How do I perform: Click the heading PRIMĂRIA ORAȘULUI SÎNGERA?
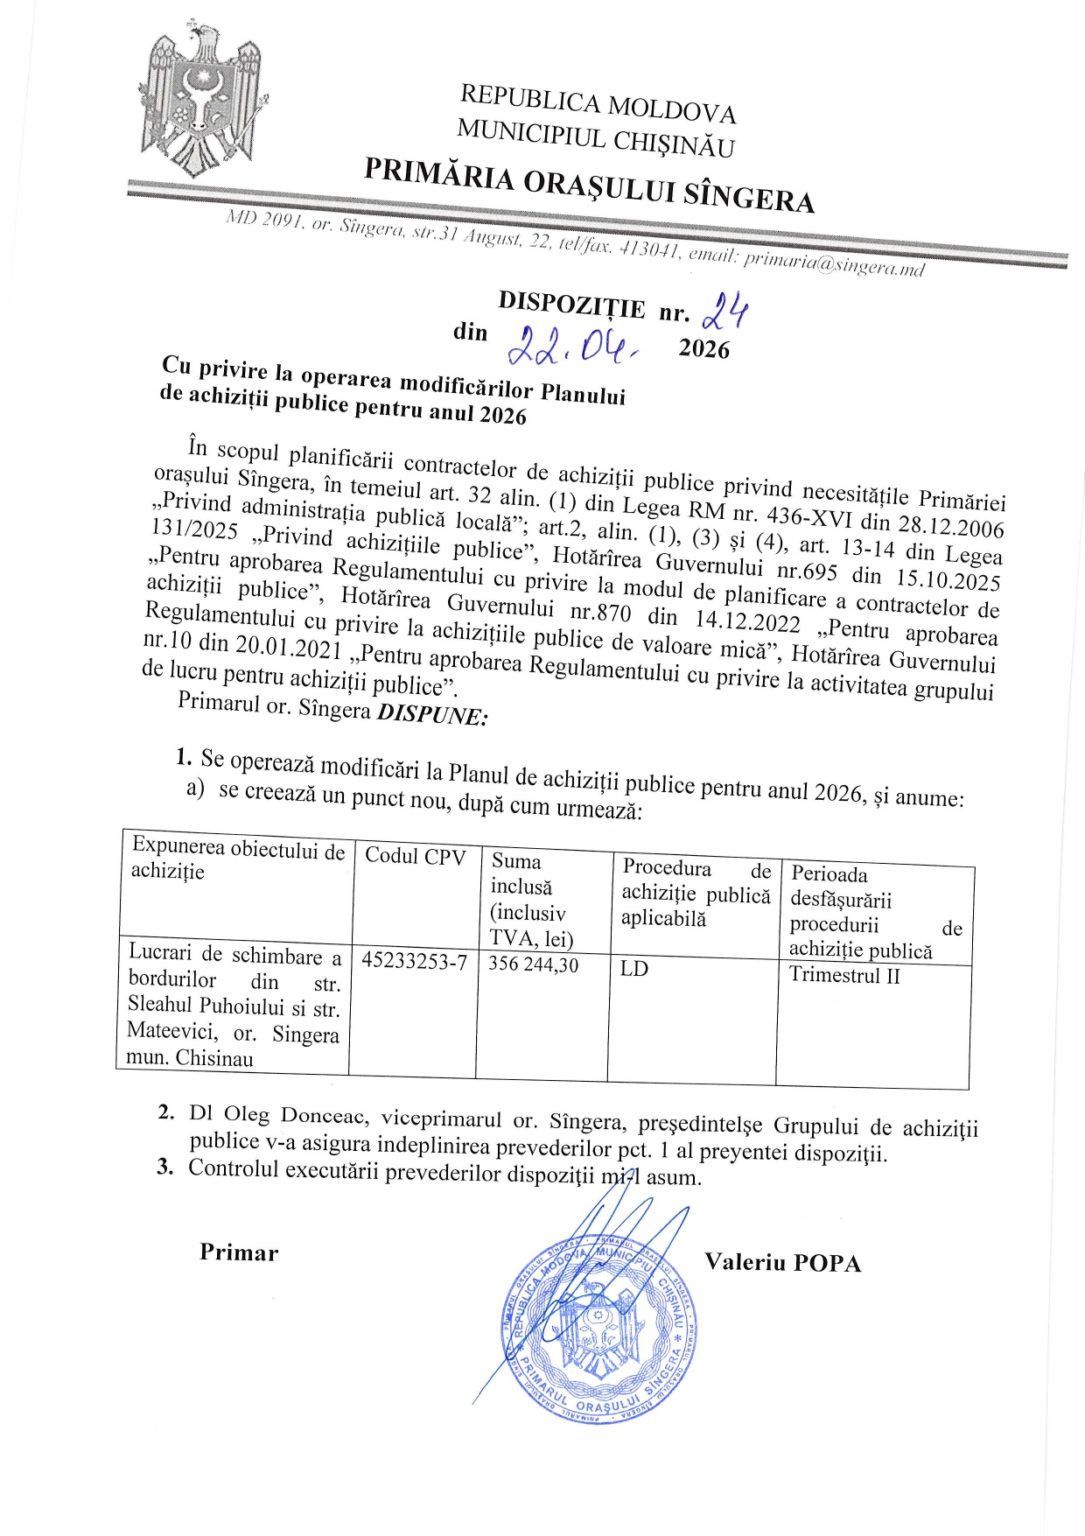[589, 185]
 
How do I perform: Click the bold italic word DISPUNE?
[431, 713]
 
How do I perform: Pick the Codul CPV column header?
[415, 857]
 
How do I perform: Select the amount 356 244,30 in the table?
[534, 964]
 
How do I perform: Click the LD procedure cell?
[634, 969]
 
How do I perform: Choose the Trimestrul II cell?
[844, 975]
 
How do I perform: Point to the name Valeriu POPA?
[782, 1262]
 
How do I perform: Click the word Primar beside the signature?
[239, 1252]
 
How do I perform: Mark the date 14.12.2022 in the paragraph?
[747, 621]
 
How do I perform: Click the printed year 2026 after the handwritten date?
[703, 348]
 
